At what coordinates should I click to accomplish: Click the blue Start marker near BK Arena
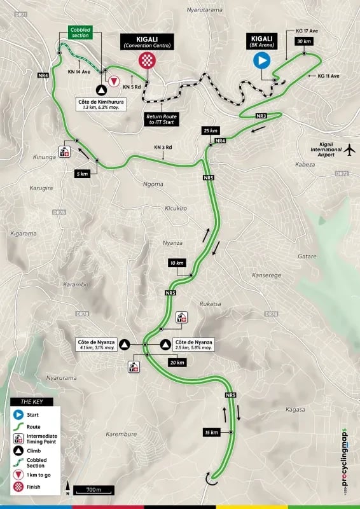click(262, 61)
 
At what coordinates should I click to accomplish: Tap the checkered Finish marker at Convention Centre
click(147, 61)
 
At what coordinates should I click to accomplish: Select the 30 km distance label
click(303, 41)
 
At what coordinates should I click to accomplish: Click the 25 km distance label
click(211, 130)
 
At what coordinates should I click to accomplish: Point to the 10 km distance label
click(176, 263)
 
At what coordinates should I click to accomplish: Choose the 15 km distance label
click(212, 433)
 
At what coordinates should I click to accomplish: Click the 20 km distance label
click(177, 363)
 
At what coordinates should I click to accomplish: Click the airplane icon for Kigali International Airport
click(349, 149)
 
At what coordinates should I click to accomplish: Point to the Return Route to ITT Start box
click(160, 118)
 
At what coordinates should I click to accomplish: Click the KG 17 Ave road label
click(309, 30)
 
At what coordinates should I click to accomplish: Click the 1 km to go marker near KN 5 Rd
click(114, 81)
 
